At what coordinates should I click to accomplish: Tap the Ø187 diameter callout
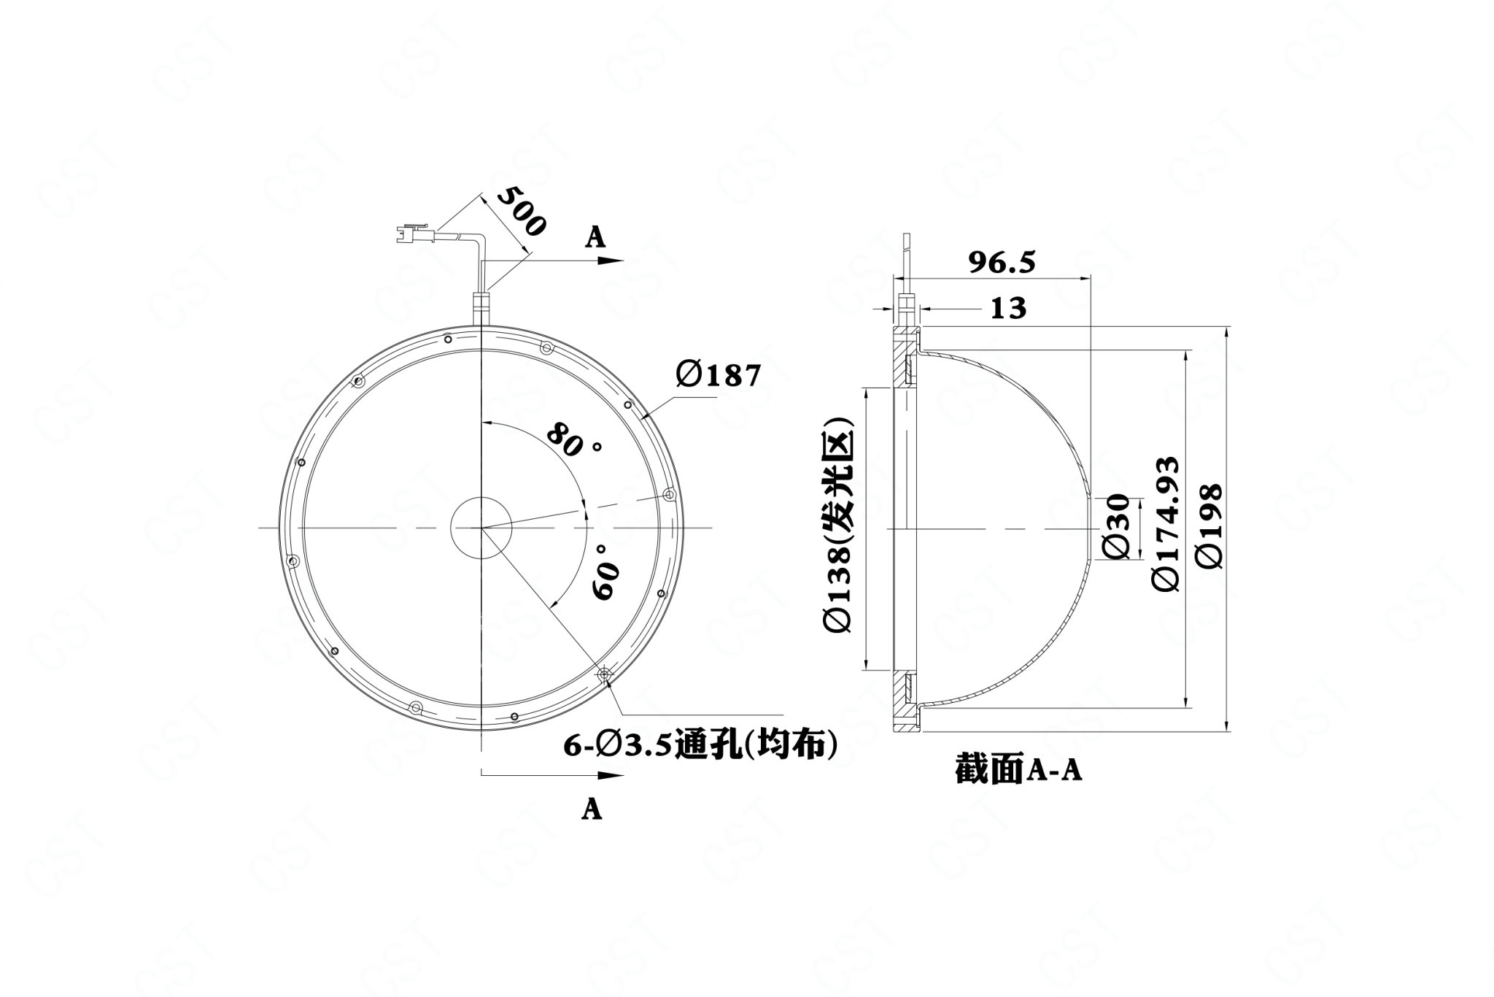click(718, 375)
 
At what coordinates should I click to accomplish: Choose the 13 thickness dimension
click(1008, 308)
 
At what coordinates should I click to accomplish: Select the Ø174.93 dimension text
click(1165, 524)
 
